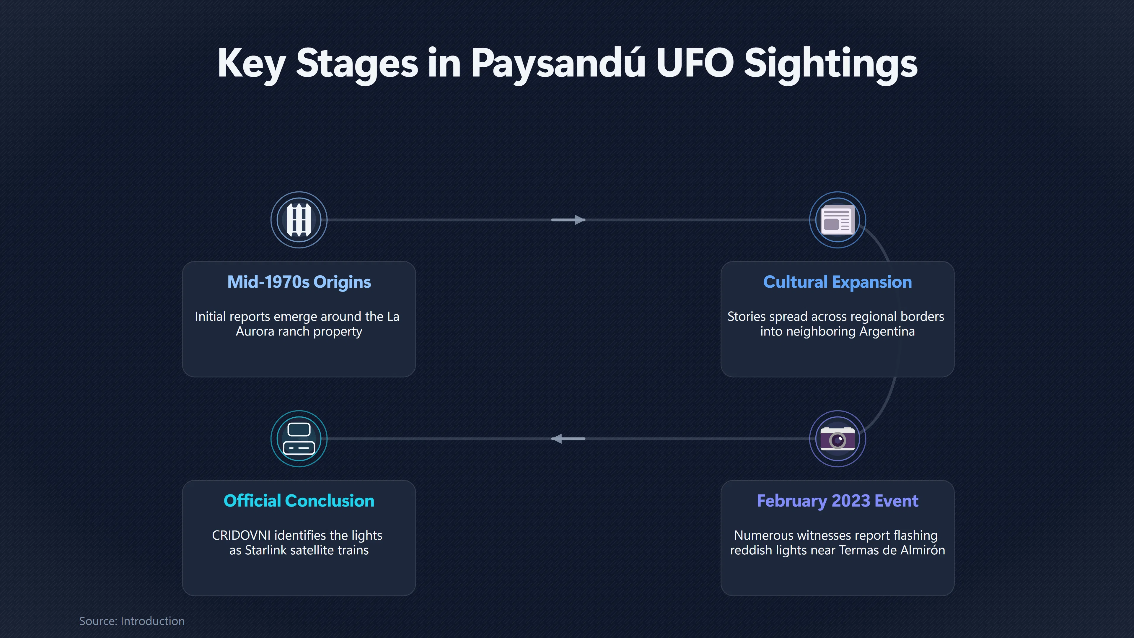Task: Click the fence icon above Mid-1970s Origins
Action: point(299,220)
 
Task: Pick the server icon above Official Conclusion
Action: point(299,439)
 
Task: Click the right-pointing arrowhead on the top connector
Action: point(580,220)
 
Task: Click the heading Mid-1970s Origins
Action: point(299,282)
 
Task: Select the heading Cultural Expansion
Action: point(837,282)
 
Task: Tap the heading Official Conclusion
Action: point(299,501)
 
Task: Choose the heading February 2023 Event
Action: point(837,501)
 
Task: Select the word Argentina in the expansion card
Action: point(887,331)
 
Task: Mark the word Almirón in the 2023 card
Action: point(923,550)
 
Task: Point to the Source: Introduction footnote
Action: point(132,621)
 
